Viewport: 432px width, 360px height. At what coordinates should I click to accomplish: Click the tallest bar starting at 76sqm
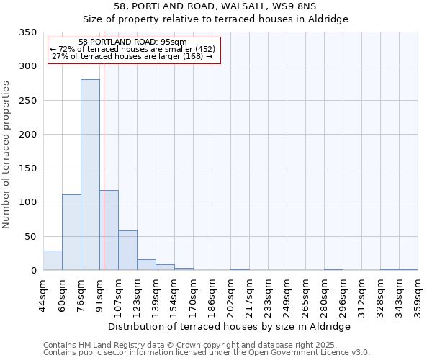pos(90,175)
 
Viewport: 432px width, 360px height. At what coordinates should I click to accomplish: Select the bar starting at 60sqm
pos(71,233)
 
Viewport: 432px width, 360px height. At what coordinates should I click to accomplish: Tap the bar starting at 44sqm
pos(53,261)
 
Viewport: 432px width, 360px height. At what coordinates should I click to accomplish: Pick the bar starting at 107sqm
pos(127,251)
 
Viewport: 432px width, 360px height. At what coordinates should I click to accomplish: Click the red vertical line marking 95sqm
pos(104,166)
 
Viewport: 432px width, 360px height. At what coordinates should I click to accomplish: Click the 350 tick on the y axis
pos(27,32)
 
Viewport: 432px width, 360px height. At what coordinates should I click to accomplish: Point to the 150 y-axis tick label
pos(27,168)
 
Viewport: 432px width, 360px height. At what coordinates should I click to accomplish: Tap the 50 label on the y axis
pos(30,236)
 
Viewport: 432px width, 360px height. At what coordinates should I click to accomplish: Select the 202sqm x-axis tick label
pos(230,294)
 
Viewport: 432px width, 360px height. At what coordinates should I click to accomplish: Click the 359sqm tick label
pos(418,294)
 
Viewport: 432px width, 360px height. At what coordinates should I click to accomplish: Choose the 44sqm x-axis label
pos(43,294)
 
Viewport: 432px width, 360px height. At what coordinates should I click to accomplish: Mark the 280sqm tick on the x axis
pos(324,294)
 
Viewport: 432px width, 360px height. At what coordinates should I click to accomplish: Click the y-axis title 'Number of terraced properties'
pos(6,155)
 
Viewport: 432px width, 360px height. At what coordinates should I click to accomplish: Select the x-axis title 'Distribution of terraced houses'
pos(230,326)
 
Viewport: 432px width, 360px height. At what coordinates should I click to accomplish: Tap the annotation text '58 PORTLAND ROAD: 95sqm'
pos(132,42)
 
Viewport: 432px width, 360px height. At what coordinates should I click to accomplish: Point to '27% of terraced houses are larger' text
pos(132,57)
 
